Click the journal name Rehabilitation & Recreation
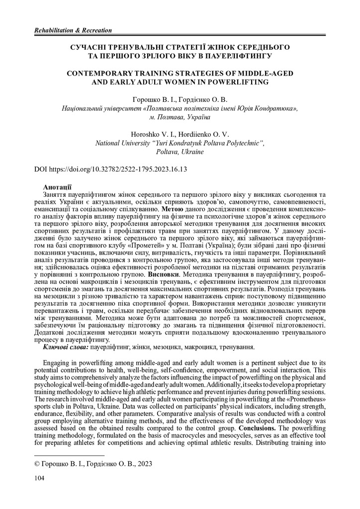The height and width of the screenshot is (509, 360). click(x=73, y=31)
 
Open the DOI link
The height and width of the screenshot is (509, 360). click(x=110, y=169)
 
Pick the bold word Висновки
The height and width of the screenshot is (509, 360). click(x=162, y=273)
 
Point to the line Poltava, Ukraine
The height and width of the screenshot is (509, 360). click(x=180, y=152)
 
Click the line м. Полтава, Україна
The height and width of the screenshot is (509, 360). click(x=180, y=117)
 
